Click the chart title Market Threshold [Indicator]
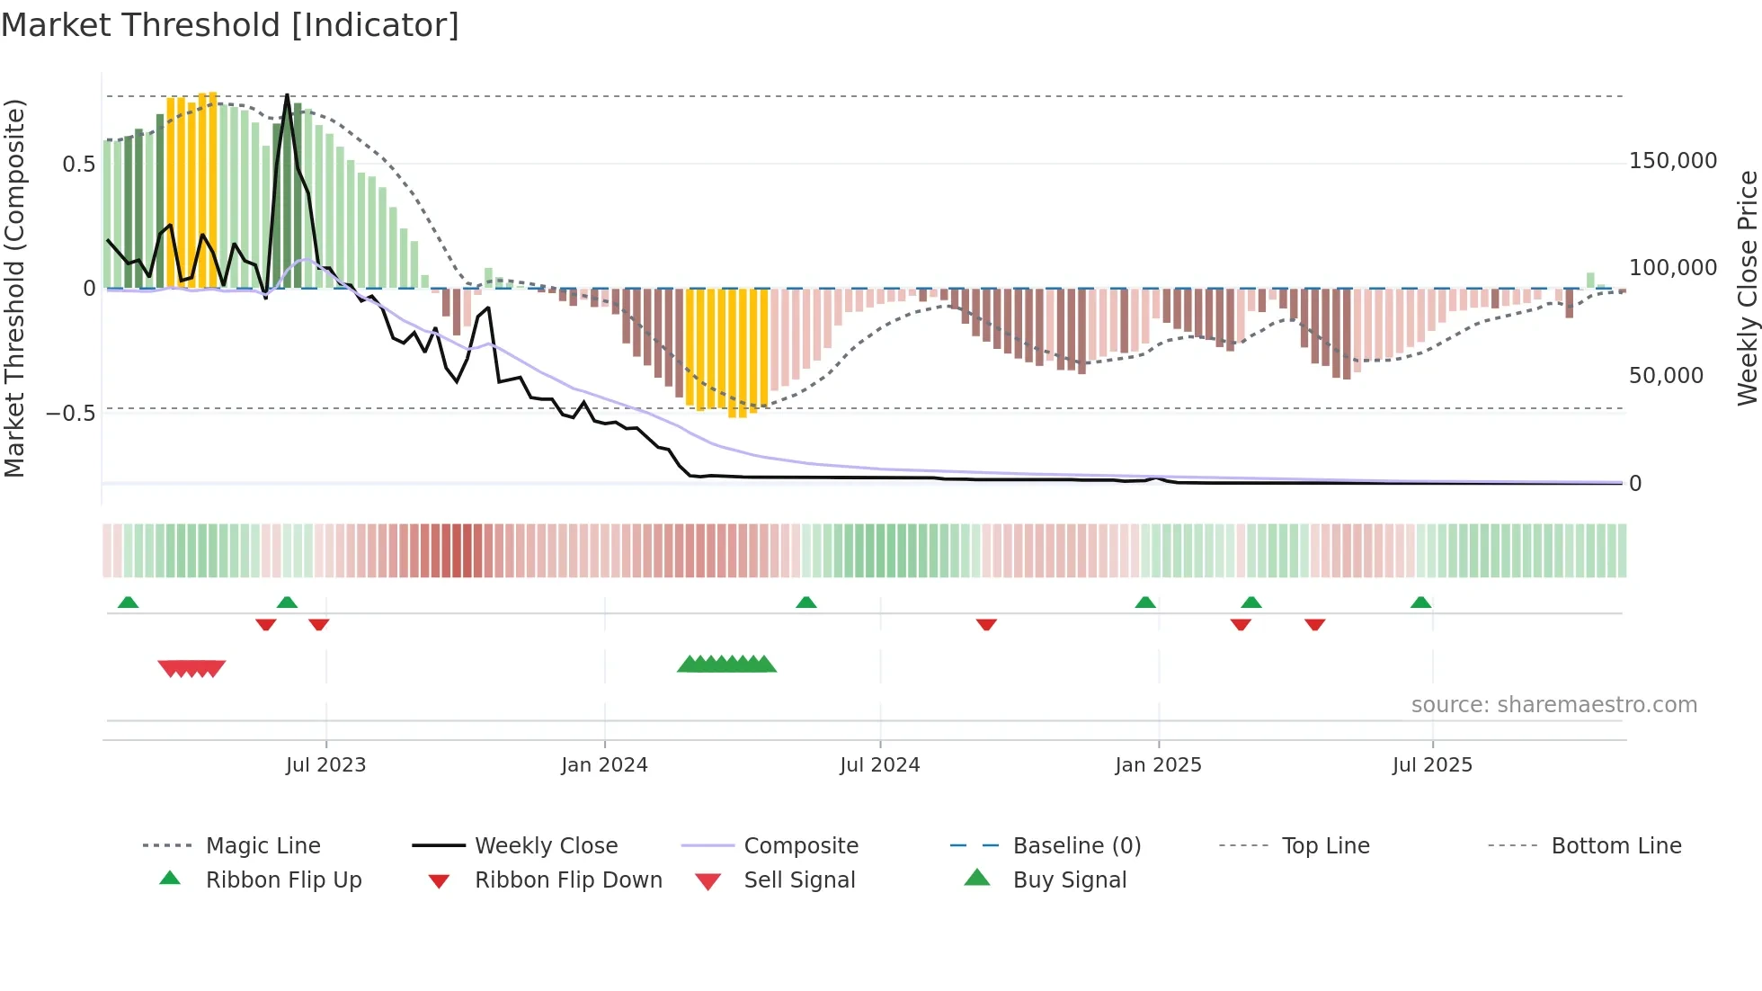pos(230,25)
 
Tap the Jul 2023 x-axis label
pos(325,765)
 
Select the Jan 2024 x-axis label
pos(604,765)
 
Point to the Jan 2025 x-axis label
pos(1158,765)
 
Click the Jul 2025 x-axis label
pos(1432,765)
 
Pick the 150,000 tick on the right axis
pos(1672,161)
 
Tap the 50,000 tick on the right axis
pos(1666,376)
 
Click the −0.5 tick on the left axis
pos(70,414)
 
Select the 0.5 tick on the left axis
pos(78,165)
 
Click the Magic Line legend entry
pos(263,846)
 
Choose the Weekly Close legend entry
pos(546,846)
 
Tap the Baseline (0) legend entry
pos(1076,846)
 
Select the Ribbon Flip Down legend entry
pos(567,880)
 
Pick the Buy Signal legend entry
pos(1069,880)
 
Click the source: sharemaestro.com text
pos(1553,705)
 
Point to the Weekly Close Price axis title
pos(1747,288)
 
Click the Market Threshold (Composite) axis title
pos(14,288)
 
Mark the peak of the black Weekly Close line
pos(287,95)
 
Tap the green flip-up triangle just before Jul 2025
pos(1420,603)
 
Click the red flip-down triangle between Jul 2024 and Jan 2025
pos(986,624)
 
